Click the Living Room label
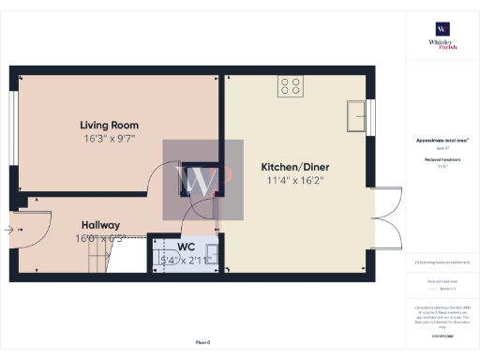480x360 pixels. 110,125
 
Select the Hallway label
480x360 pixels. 99,225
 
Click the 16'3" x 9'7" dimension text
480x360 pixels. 110,138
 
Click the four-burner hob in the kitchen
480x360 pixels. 291,86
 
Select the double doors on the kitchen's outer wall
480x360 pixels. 388,221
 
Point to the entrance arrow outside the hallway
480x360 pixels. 9,228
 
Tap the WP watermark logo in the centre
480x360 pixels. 202,180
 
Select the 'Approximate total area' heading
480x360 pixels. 442,141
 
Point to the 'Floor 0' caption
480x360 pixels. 202,342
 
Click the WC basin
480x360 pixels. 213,251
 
